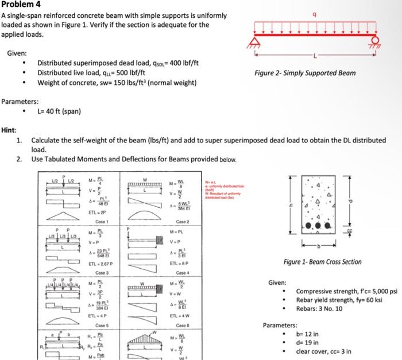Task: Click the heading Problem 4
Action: (20, 5)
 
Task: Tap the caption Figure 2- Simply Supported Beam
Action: (305, 73)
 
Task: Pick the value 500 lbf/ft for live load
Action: (127, 73)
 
